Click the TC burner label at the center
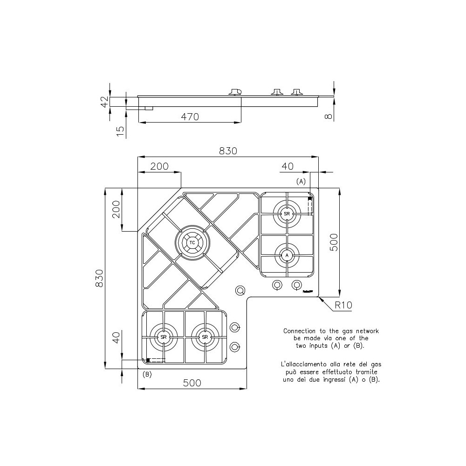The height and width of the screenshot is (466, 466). (x=192, y=242)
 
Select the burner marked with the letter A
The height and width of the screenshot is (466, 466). (x=287, y=255)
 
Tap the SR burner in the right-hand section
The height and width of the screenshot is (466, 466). (x=287, y=213)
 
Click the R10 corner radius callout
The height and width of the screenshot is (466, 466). (x=343, y=306)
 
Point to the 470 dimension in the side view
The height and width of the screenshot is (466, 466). (x=190, y=117)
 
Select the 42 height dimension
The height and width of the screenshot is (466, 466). (x=105, y=101)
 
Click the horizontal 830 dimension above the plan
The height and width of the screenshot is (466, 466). (x=228, y=151)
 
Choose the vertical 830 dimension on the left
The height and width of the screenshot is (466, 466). (x=99, y=278)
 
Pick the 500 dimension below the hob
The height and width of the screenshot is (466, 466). (x=192, y=383)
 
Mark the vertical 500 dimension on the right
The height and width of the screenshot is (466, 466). (x=334, y=242)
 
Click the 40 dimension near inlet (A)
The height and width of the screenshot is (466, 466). (x=288, y=166)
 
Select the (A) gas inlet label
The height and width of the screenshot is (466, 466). (x=301, y=181)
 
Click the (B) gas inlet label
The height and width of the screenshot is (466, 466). (x=147, y=374)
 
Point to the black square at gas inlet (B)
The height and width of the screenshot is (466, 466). (x=148, y=360)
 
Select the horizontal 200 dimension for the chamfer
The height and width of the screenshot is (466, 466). (x=159, y=166)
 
